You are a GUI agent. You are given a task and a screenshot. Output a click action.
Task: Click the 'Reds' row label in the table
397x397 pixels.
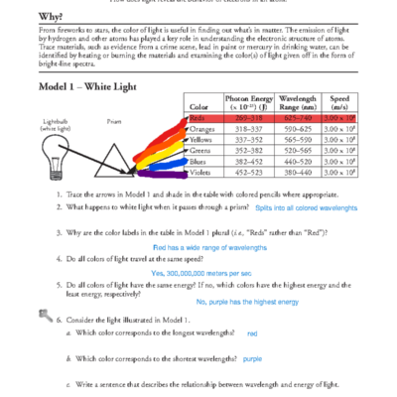[x=198, y=118]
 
